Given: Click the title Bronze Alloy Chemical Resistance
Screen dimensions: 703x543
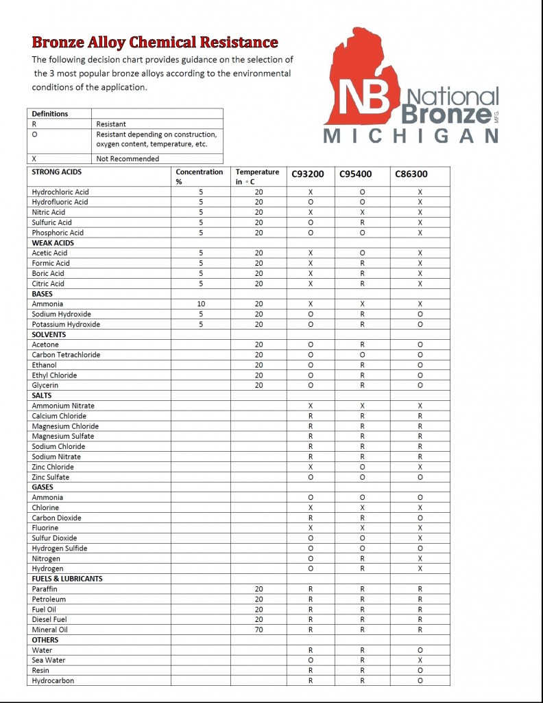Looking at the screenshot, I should point(154,43).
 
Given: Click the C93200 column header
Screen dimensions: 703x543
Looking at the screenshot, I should point(308,174).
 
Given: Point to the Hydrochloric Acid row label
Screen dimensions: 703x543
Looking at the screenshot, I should point(60,192).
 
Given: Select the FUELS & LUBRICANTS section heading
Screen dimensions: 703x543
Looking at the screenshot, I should point(67,579).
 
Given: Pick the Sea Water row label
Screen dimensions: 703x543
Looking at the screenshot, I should point(49,660).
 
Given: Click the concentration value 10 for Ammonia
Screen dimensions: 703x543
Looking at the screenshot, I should point(200,304).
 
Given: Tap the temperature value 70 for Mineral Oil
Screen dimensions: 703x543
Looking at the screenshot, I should point(258,630).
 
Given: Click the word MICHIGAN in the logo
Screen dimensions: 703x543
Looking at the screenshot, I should point(411,136).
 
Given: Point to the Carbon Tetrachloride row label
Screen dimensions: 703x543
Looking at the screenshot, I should point(66,355).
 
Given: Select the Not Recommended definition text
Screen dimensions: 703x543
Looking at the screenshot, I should point(128,159).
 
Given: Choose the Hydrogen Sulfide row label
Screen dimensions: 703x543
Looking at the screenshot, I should point(60,549).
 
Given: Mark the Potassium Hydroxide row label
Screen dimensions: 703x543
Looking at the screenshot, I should point(66,324).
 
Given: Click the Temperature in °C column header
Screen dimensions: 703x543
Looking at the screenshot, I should point(257,176).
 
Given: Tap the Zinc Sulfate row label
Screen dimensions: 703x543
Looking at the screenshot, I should point(51,477).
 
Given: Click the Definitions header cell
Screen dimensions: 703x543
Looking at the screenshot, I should point(50,114).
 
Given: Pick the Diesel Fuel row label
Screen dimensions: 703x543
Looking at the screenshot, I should point(51,620).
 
